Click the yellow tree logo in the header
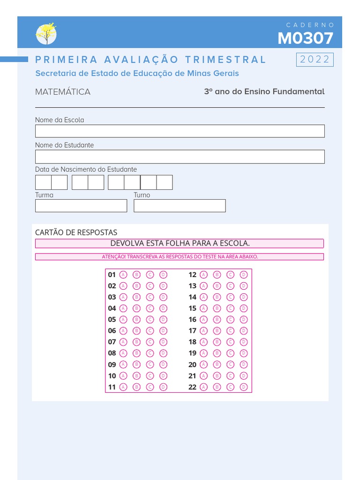(x=46, y=34)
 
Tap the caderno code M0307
(x=305, y=38)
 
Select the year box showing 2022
(x=315, y=60)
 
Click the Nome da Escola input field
(x=180, y=131)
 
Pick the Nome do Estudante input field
(x=180, y=157)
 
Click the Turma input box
(x=81, y=206)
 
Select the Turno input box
(x=180, y=206)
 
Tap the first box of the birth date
(x=43, y=182)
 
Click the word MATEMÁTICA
(x=63, y=92)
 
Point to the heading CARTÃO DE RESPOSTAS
(x=76, y=232)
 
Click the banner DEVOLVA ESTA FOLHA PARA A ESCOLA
(x=180, y=243)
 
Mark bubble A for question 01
(x=123, y=275)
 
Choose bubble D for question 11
(x=163, y=387)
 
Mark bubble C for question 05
(x=150, y=320)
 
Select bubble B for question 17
(x=217, y=331)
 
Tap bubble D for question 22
(x=244, y=387)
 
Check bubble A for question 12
(x=203, y=275)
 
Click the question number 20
(x=192, y=365)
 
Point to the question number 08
(x=112, y=353)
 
